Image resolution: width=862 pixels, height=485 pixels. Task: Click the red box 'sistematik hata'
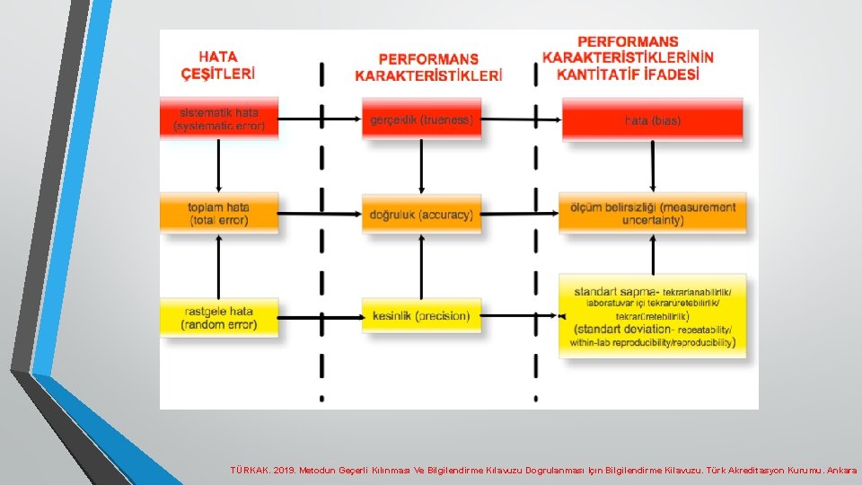pyautogui.click(x=219, y=119)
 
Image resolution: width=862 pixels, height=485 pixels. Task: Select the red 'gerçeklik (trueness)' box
pyautogui.click(x=421, y=119)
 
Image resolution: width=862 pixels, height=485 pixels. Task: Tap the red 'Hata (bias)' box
pyautogui.click(x=653, y=119)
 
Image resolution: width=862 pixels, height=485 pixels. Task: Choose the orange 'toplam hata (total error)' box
pyautogui.click(x=219, y=213)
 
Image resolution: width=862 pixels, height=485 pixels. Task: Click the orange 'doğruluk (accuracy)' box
pyautogui.click(x=421, y=214)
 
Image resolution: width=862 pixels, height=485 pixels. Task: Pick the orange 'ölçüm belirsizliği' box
pyautogui.click(x=653, y=213)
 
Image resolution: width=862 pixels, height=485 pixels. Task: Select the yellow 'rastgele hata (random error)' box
pyautogui.click(x=219, y=318)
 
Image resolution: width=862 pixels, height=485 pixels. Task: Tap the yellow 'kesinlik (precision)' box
pyautogui.click(x=421, y=315)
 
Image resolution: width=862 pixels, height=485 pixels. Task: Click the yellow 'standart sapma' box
pyautogui.click(x=653, y=316)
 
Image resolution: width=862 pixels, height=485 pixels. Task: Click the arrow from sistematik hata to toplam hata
pyautogui.click(x=219, y=166)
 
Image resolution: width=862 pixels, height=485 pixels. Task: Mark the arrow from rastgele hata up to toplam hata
pyautogui.click(x=219, y=265)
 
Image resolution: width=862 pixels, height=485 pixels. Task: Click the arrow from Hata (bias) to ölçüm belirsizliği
pyautogui.click(x=653, y=166)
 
